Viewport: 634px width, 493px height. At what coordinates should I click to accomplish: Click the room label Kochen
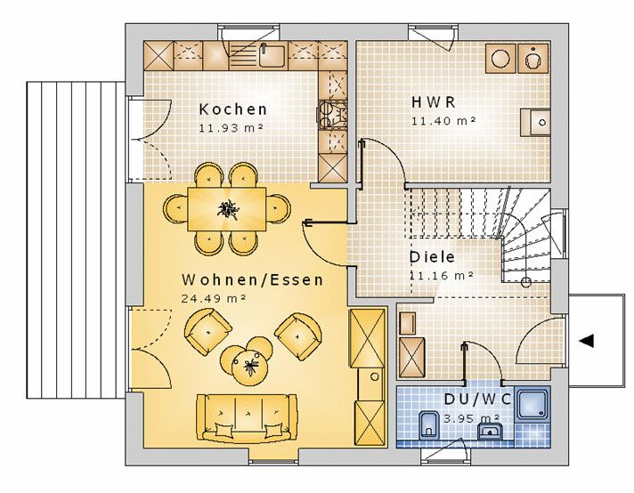233,109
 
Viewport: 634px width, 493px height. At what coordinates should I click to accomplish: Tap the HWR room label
434,101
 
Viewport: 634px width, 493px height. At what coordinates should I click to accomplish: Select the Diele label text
432,257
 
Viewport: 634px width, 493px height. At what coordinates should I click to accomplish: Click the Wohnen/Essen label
253,279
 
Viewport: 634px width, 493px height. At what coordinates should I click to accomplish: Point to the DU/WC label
477,400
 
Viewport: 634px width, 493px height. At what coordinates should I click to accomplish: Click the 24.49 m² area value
214,298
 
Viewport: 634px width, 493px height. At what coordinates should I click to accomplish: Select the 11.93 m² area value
231,127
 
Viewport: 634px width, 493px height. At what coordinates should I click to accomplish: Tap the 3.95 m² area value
471,418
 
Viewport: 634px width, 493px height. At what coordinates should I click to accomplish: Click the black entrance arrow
586,341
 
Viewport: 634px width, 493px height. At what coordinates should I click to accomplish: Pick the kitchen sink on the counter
272,55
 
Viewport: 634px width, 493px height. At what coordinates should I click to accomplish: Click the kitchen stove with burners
333,115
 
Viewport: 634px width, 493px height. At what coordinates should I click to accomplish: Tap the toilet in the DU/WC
428,425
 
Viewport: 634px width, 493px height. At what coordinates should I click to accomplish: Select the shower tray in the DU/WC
532,404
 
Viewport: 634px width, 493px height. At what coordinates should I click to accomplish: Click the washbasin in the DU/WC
490,432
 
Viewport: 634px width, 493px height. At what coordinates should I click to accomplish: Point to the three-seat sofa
247,418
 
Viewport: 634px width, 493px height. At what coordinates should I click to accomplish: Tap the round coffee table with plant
251,367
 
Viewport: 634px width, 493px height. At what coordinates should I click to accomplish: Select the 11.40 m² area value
443,120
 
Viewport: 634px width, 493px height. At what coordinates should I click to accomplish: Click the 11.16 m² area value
441,276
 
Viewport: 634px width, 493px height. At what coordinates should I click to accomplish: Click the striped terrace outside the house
76,240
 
